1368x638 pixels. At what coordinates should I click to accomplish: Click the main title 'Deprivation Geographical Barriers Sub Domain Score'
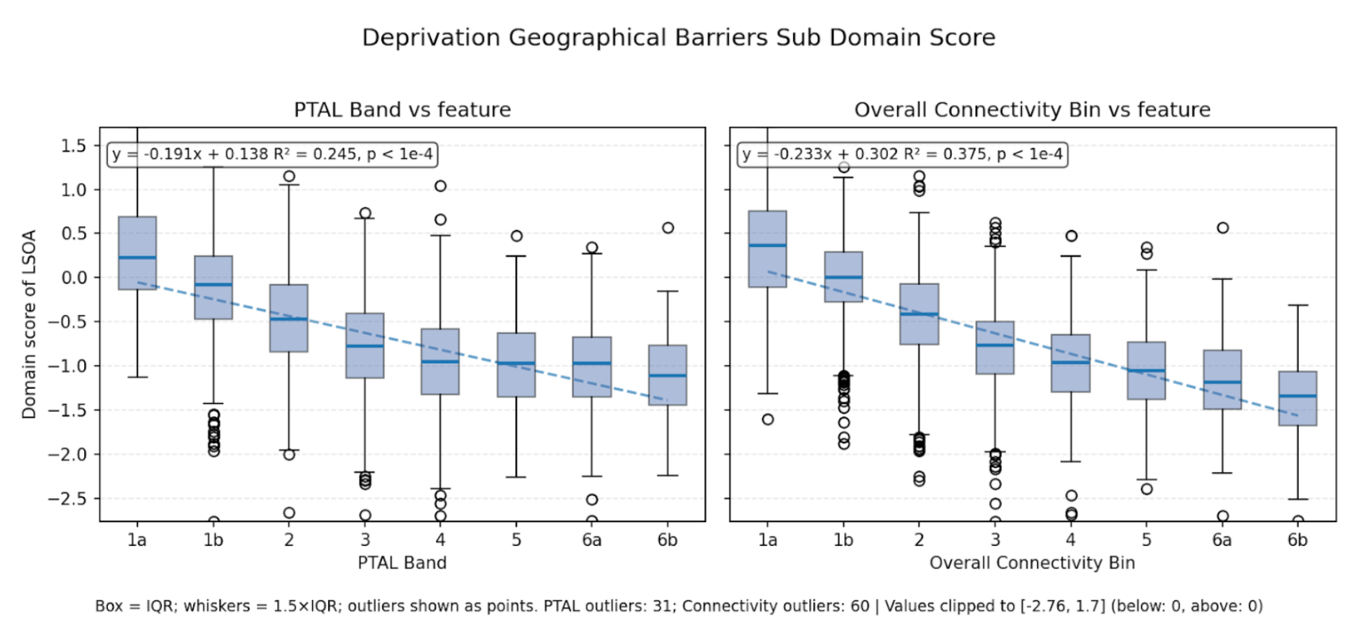click(678, 38)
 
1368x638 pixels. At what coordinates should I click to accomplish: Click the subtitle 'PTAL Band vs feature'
click(402, 110)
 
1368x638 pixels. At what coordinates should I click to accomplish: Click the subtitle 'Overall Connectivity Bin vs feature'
click(1031, 110)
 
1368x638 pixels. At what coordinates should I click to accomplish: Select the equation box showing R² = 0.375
click(902, 154)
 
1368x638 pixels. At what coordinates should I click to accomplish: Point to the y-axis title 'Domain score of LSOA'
click(29, 324)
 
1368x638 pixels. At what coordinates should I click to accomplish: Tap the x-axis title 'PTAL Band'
click(402, 563)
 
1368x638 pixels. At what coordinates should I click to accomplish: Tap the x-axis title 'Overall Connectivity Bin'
click(1031, 563)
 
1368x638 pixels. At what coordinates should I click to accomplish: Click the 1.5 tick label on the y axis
click(73, 145)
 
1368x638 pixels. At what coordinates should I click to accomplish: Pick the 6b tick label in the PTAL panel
click(667, 540)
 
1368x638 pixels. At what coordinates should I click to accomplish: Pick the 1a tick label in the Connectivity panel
click(767, 540)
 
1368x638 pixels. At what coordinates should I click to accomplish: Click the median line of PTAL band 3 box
click(364, 346)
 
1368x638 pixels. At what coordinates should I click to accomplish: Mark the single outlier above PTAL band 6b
click(668, 228)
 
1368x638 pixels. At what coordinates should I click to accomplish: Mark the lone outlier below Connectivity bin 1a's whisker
click(768, 419)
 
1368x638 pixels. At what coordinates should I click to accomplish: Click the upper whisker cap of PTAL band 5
click(516, 256)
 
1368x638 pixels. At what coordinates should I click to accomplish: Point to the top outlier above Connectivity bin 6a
click(1223, 228)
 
